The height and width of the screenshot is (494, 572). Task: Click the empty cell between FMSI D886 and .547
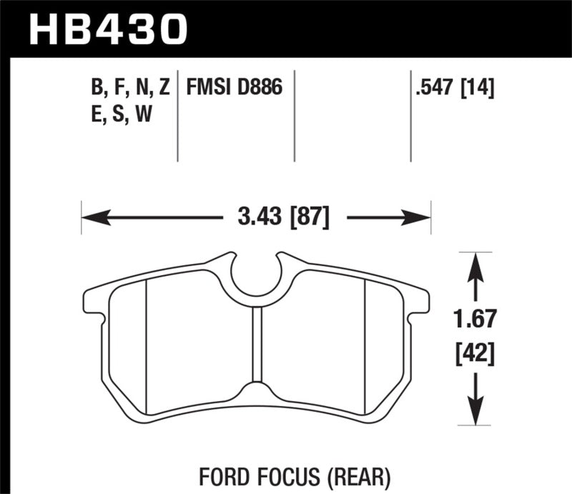[352, 114]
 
